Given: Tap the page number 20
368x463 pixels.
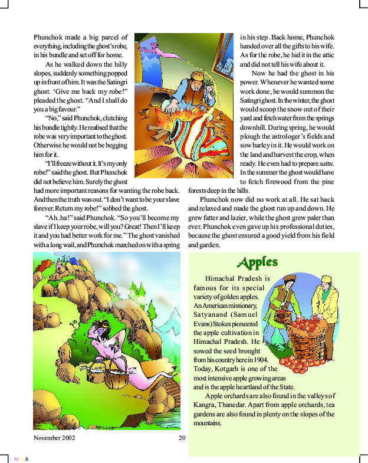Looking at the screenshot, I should click(182, 438).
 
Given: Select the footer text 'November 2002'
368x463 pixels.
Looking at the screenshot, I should click(54, 438).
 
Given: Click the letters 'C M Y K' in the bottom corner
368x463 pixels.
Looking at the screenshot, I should click(19, 458).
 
